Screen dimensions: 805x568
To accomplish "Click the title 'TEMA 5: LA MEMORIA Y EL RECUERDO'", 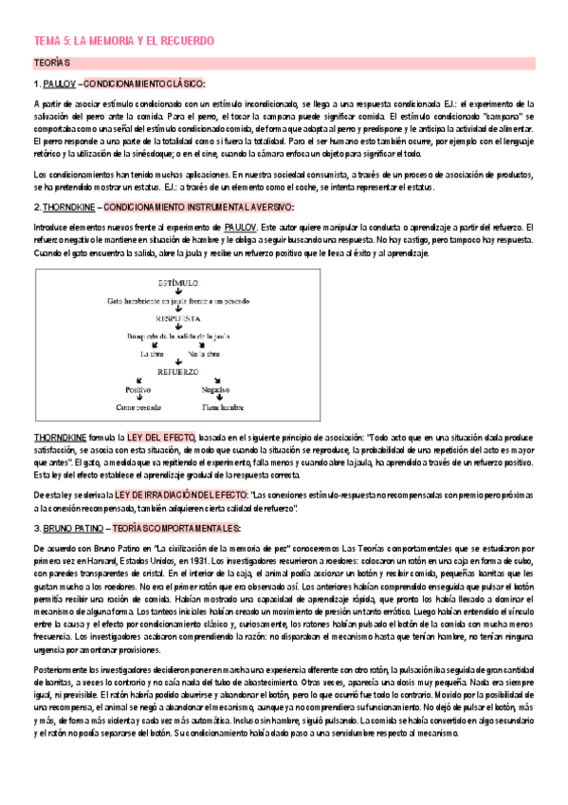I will tap(124, 42).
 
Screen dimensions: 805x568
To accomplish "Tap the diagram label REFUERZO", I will tap(178, 372).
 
